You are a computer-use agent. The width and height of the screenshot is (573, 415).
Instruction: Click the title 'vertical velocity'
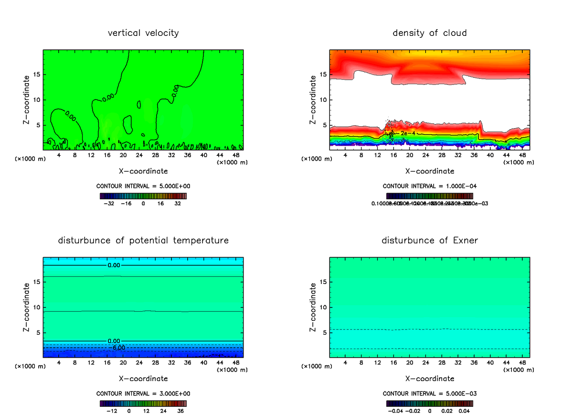pyautogui.click(x=143, y=33)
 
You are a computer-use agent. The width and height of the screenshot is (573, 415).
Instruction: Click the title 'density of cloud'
pyautogui.click(x=430, y=33)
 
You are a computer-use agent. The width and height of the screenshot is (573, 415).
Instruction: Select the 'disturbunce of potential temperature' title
pyautogui.click(x=143, y=240)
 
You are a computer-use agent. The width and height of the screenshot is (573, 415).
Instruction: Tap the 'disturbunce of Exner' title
pyautogui.click(x=430, y=240)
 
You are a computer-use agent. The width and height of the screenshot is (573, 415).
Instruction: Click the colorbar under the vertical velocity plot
pyautogui.click(x=143, y=196)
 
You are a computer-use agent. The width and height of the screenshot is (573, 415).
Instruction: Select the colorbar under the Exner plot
pyautogui.click(x=430, y=403)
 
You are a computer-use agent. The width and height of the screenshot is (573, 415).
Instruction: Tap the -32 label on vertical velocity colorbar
pyautogui.click(x=110, y=203)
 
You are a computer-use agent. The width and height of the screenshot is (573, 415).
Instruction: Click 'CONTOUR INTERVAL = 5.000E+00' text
pyautogui.click(x=143, y=186)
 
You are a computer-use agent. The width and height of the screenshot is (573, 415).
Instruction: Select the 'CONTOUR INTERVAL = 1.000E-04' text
pyautogui.click(x=430, y=186)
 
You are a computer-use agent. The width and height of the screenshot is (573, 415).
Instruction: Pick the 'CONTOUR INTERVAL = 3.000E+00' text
pyautogui.click(x=143, y=393)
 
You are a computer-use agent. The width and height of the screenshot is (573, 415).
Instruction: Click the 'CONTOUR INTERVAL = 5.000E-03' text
pyautogui.click(x=430, y=393)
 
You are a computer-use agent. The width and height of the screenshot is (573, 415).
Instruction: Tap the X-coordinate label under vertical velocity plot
pyautogui.click(x=143, y=171)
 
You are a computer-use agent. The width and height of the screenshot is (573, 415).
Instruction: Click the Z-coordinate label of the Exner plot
pyautogui.click(x=313, y=307)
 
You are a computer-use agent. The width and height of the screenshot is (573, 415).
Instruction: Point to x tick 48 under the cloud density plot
pyautogui.click(x=522, y=155)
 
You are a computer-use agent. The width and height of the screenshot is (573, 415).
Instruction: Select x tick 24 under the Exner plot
pyautogui.click(x=426, y=363)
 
